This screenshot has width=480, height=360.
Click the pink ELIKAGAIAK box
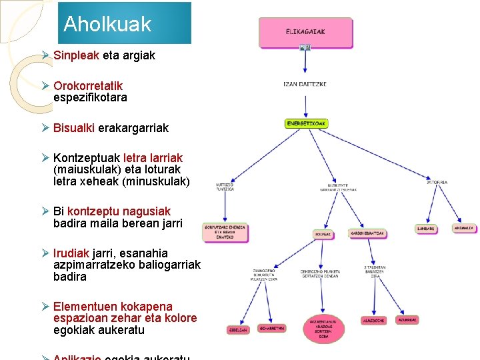point(305,32)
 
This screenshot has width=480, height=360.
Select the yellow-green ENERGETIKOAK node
point(306,123)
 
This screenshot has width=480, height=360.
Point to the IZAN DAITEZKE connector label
point(305,85)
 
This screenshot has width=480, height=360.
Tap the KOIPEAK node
point(323,234)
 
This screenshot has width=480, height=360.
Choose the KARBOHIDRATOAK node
point(367,234)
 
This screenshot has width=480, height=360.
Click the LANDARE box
point(426,229)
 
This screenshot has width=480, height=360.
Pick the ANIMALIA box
point(464,228)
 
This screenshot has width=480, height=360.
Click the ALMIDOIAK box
point(373,321)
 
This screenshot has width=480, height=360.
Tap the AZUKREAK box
point(407,320)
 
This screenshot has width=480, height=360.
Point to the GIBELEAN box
point(238,329)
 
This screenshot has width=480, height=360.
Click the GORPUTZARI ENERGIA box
point(225,231)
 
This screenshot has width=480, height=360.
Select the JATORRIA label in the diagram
point(437,182)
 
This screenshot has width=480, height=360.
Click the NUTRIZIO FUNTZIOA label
point(225,187)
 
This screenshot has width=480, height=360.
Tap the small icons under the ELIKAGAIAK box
point(305,48)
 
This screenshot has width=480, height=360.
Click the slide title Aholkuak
point(107,25)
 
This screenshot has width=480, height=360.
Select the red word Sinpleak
point(76,55)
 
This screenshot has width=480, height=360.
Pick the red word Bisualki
point(74,127)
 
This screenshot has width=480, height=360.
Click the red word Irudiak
point(71,253)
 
